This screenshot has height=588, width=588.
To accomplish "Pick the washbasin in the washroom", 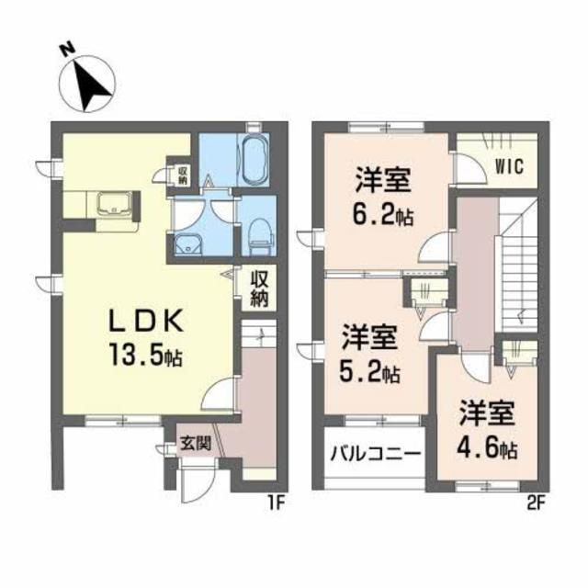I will tap(190, 245).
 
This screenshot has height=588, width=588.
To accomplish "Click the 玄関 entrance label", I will tap(195, 442).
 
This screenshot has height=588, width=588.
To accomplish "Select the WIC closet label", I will tap(503, 168).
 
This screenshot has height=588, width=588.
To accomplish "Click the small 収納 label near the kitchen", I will tap(183, 174).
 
